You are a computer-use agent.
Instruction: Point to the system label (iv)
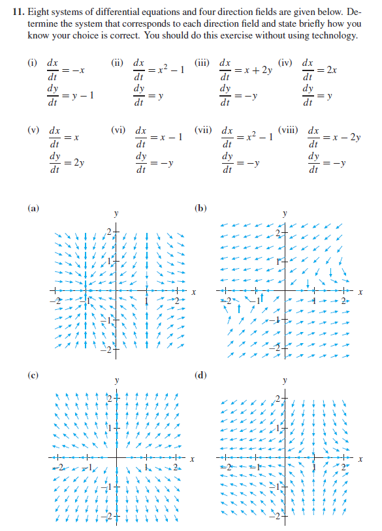point(285,64)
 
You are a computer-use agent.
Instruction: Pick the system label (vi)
point(119,130)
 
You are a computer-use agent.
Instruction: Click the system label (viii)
point(287,130)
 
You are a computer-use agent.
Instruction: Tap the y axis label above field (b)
point(285,214)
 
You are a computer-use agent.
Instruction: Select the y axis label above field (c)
point(116,381)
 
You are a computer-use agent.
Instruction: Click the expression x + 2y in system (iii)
point(258,70)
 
